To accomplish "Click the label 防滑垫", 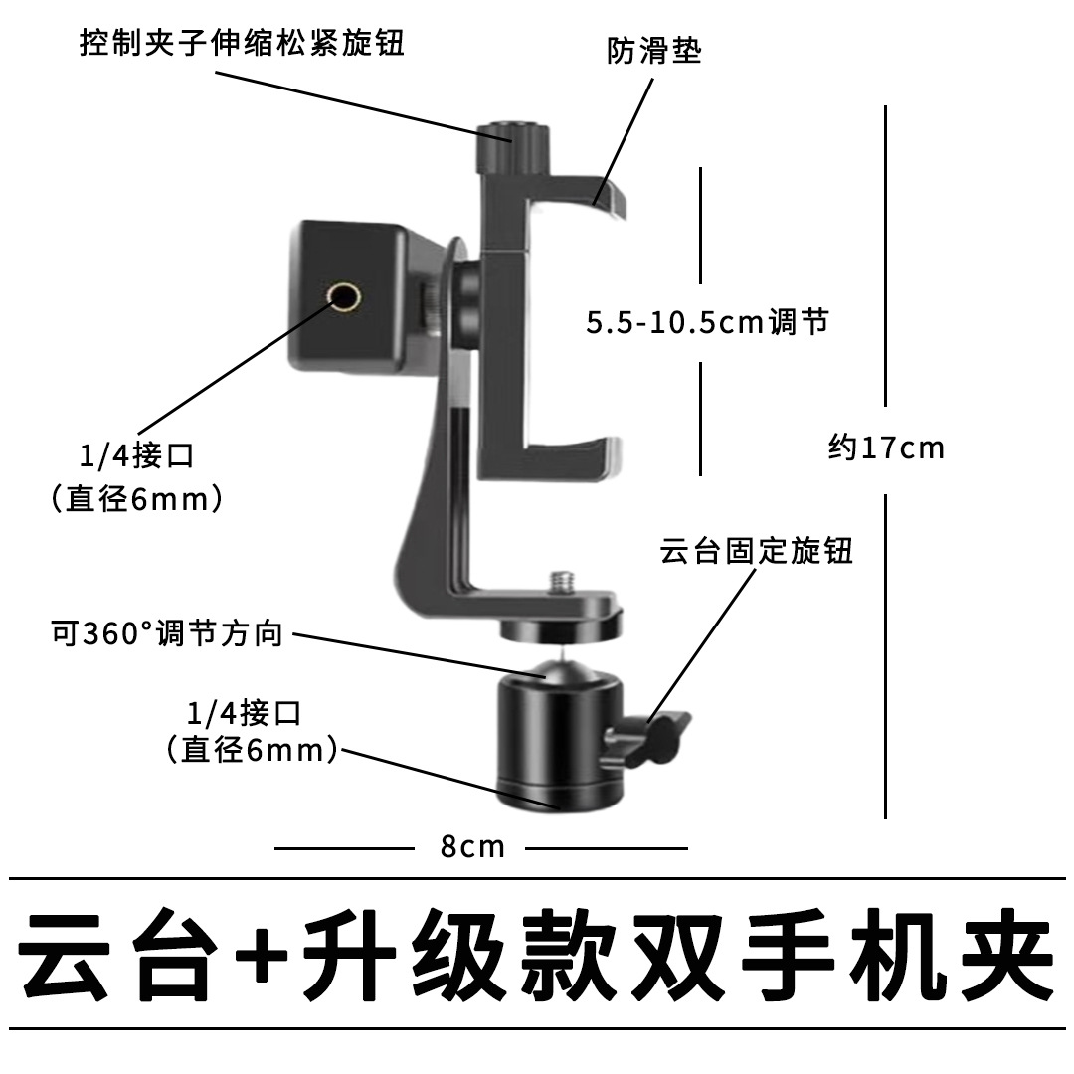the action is click(x=654, y=52).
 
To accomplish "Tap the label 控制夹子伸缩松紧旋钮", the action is click(x=242, y=43).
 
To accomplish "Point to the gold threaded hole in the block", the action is click(x=344, y=297).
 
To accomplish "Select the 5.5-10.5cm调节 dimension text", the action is click(x=708, y=322).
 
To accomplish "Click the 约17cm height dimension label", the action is click(x=886, y=447).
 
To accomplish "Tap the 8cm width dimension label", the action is click(x=472, y=846).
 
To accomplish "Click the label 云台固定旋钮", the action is click(x=756, y=551).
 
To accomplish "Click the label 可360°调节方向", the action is click(x=167, y=633).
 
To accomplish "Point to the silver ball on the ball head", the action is click(x=562, y=668).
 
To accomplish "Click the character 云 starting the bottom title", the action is click(x=65, y=954).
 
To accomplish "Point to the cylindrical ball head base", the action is click(x=561, y=743).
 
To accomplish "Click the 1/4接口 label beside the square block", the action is click(x=137, y=456).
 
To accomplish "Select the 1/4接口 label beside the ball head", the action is click(x=245, y=714).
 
